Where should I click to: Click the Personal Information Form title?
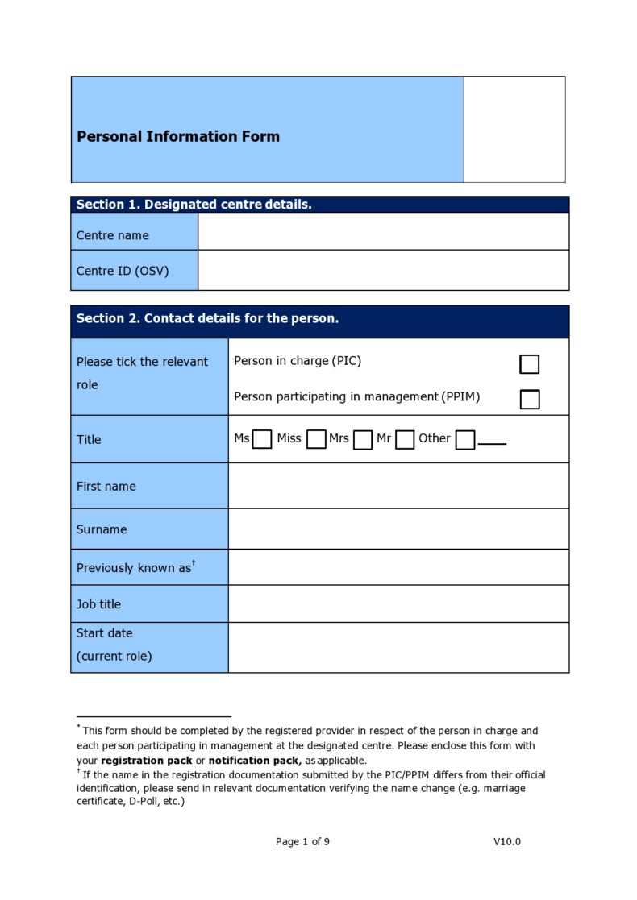[x=178, y=136]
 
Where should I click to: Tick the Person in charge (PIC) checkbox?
[x=529, y=364]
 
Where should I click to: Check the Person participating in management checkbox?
[x=529, y=399]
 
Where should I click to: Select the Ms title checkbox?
[x=261, y=439]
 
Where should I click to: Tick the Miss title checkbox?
[x=316, y=439]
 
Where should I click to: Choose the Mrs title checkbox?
[x=363, y=439]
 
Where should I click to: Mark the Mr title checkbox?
[x=405, y=439]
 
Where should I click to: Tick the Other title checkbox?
[x=464, y=439]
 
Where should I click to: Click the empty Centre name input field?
[x=383, y=231]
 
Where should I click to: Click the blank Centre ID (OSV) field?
[x=383, y=270]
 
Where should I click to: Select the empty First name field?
[x=398, y=486]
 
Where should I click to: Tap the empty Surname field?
[x=398, y=529]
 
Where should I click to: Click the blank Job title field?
[x=398, y=603]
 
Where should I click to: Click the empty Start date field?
[x=398, y=647]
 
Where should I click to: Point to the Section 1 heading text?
[x=194, y=205]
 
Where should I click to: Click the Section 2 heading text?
[x=207, y=318]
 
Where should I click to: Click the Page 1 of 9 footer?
[x=302, y=841]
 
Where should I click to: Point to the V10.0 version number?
[x=507, y=841]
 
